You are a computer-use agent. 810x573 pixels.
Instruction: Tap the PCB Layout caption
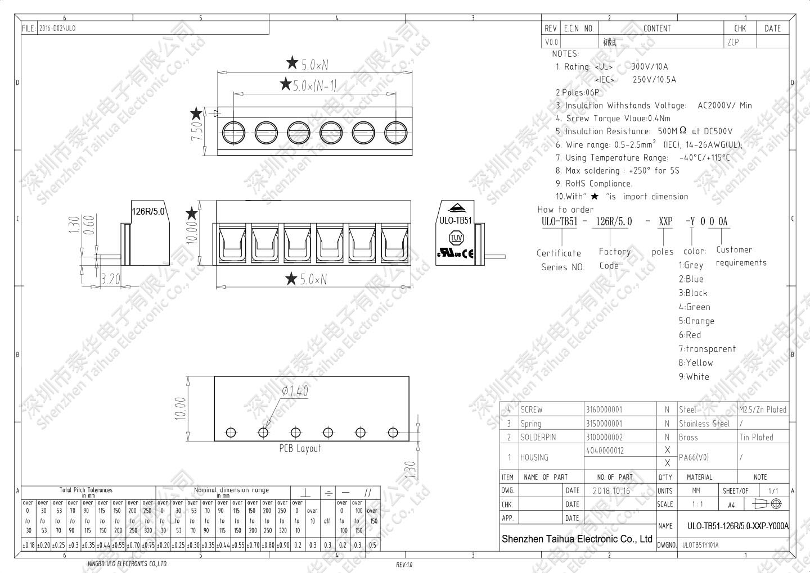(x=300, y=448)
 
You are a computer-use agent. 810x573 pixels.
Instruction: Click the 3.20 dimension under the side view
(x=110, y=279)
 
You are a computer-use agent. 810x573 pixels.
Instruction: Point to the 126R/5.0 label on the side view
(x=148, y=212)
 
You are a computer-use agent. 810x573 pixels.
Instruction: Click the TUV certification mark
(x=456, y=238)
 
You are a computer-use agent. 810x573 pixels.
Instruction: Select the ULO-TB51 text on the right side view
(x=455, y=221)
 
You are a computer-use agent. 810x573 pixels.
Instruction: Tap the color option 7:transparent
(x=707, y=349)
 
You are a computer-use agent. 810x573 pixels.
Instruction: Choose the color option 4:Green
(x=695, y=307)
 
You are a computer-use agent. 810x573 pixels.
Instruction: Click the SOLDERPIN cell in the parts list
(x=538, y=437)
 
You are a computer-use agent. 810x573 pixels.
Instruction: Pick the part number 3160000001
(x=604, y=410)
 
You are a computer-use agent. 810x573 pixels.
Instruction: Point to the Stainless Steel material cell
(x=704, y=424)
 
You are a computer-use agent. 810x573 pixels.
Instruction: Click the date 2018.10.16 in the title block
(x=611, y=490)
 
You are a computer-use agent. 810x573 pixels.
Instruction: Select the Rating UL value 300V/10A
(x=650, y=67)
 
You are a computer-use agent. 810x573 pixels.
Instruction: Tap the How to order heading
(x=565, y=210)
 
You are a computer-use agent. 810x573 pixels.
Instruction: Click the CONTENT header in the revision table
(x=656, y=29)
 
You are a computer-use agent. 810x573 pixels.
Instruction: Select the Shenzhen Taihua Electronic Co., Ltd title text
(x=577, y=539)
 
